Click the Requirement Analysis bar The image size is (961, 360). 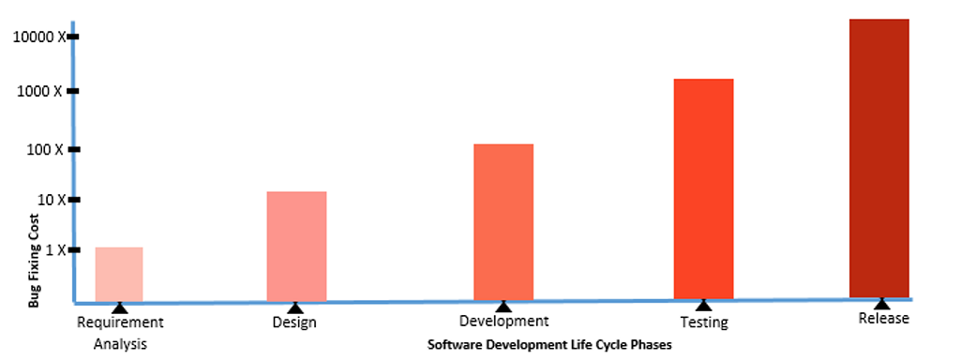(119, 274)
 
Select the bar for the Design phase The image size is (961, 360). (296, 247)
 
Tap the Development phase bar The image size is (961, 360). (503, 222)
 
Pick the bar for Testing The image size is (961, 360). (703, 189)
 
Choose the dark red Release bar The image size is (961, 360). (878, 157)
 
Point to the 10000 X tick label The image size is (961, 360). (38, 37)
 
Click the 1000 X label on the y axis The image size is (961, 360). (42, 92)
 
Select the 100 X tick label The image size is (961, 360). (45, 150)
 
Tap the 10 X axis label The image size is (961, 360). (49, 200)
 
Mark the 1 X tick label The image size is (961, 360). (52, 250)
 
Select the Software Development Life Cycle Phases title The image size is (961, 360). (550, 344)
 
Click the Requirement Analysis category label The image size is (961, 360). (120, 333)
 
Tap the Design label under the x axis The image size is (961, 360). (294, 323)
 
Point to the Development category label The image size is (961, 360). (503, 322)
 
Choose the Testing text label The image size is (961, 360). (703, 322)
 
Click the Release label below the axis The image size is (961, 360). (883, 319)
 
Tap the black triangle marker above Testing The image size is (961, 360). (703, 304)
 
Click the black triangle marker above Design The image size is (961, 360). (294, 307)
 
